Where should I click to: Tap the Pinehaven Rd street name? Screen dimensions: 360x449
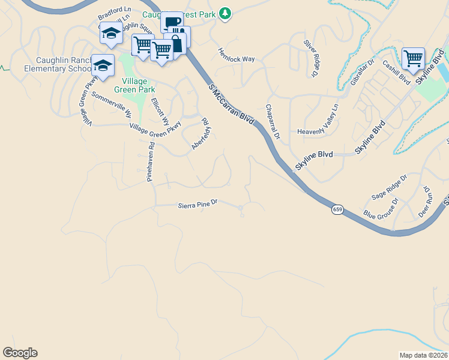pyautogui.click(x=151, y=161)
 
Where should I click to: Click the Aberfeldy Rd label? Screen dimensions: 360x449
pyautogui.click(x=200, y=134)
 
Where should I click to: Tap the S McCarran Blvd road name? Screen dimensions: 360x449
pyautogui.click(x=231, y=104)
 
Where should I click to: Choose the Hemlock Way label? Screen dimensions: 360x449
pyautogui.click(x=236, y=55)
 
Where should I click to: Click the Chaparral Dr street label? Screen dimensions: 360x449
pyautogui.click(x=273, y=122)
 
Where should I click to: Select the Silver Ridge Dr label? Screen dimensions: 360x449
pyautogui.click(x=310, y=58)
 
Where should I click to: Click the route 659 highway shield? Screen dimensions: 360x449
pyautogui.click(x=337, y=209)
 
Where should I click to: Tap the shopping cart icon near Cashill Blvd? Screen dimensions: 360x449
pyautogui.click(x=413, y=59)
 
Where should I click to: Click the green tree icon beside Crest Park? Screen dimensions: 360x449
pyautogui.click(x=224, y=13)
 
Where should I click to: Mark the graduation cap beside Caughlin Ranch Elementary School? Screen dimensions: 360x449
pyautogui.click(x=103, y=65)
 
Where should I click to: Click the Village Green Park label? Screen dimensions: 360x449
pyautogui.click(x=139, y=85)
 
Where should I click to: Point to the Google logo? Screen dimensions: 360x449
pyautogui.click(x=20, y=353)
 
